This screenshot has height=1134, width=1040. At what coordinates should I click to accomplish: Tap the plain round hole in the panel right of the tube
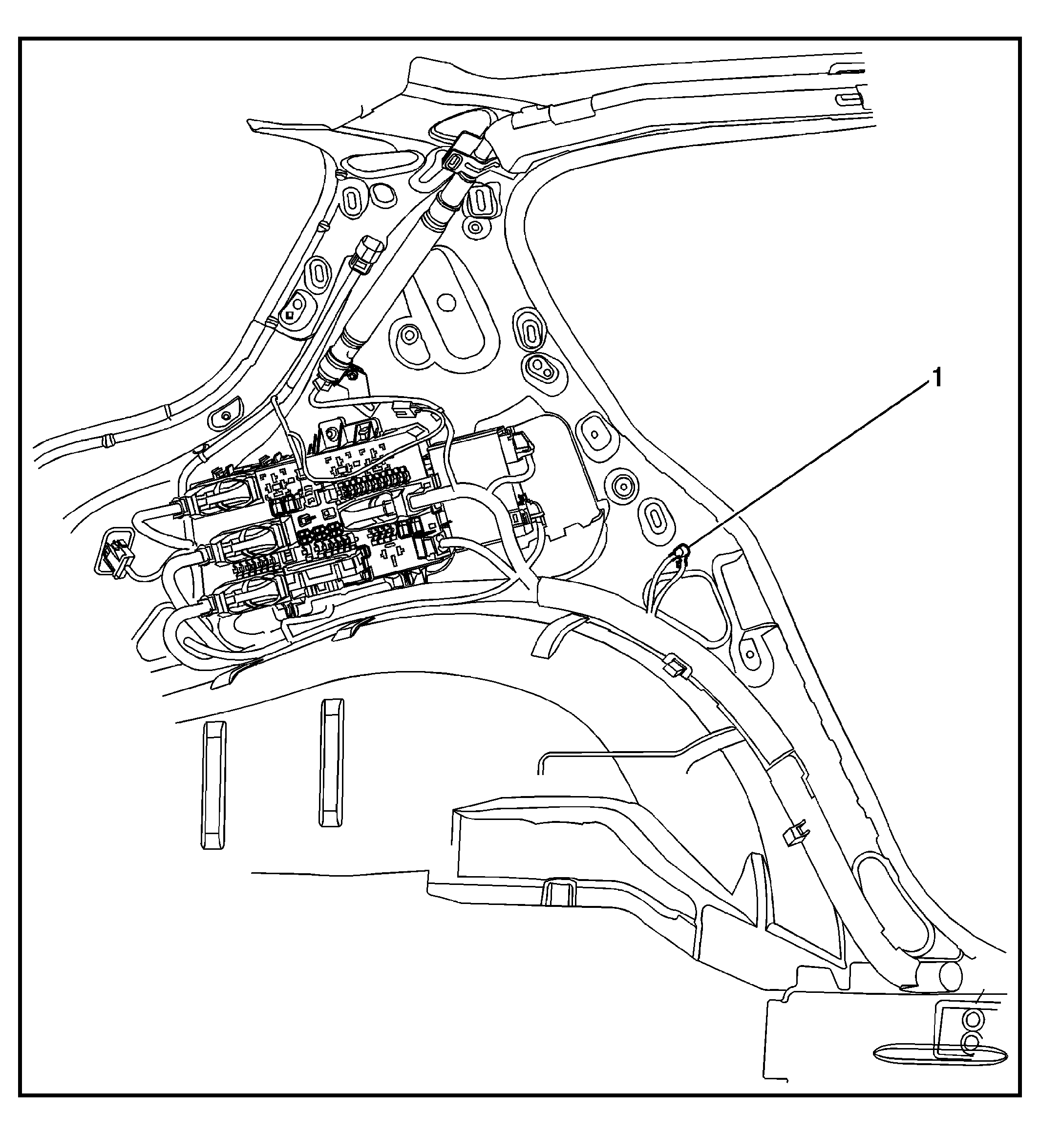[x=446, y=303]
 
